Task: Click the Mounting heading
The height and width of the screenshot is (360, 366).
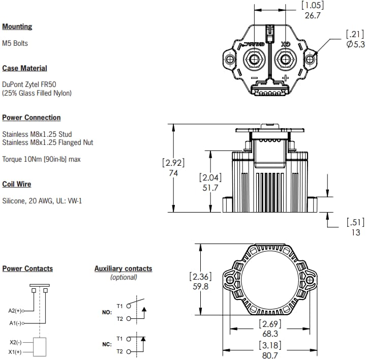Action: pos(17,26)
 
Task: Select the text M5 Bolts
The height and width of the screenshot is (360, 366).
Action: pos(15,44)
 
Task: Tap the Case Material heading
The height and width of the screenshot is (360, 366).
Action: pos(24,68)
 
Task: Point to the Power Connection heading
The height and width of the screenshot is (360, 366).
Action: pos(31,117)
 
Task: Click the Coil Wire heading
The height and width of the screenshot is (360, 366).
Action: pos(16,184)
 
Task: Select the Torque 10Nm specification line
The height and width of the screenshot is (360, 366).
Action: pos(41,159)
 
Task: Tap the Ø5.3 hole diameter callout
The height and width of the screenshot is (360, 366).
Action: pos(354,45)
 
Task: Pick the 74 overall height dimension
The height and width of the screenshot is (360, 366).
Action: pos(173,173)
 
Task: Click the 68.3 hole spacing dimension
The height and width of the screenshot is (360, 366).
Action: pos(269,334)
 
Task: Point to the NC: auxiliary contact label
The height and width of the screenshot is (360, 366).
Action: pos(106,344)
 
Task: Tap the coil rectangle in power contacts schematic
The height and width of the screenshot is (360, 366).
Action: pos(40,347)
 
